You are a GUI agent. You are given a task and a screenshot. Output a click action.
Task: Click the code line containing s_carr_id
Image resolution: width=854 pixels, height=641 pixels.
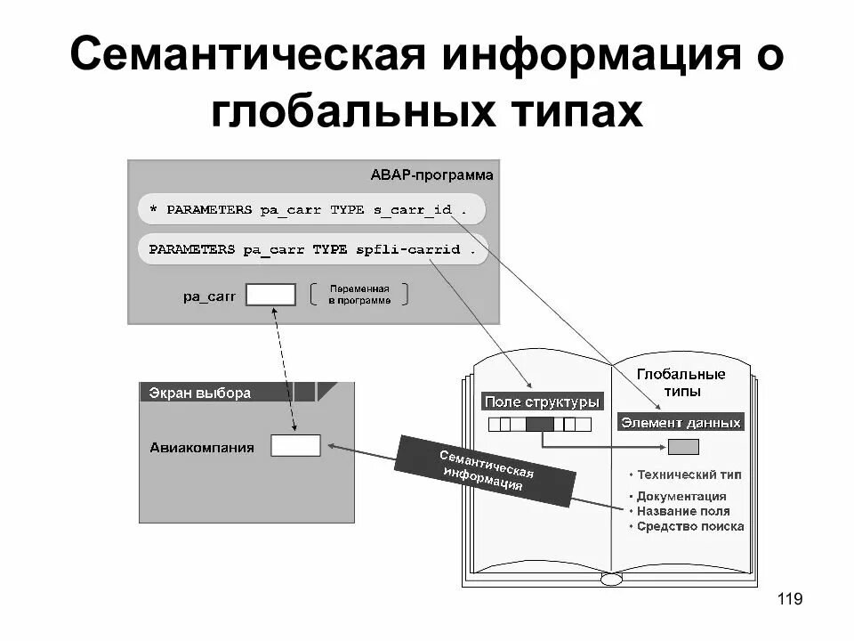[313, 210]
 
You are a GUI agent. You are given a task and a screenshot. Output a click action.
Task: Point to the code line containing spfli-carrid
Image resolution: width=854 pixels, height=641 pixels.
[313, 249]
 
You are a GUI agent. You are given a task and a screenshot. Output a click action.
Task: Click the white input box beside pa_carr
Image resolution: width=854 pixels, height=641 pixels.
[270, 295]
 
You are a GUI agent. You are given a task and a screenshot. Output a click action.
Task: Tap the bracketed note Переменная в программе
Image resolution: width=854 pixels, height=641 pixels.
[359, 295]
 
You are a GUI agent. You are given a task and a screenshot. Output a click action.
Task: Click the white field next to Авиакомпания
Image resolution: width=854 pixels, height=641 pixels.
[295, 446]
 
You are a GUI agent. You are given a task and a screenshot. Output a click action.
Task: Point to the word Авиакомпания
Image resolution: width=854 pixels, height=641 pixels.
[202, 448]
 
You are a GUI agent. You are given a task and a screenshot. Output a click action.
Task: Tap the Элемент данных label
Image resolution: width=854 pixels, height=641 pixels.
[681, 423]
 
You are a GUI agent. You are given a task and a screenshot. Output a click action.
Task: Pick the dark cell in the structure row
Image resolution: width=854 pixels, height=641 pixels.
[539, 425]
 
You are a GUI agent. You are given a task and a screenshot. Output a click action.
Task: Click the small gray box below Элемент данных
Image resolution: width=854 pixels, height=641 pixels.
[683, 447]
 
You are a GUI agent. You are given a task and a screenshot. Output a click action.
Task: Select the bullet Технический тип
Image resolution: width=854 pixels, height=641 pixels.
[684, 475]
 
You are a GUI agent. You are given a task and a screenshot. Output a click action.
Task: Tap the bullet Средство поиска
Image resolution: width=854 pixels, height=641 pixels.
[686, 526]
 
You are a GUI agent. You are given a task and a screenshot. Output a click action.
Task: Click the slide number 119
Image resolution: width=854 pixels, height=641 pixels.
[790, 599]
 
